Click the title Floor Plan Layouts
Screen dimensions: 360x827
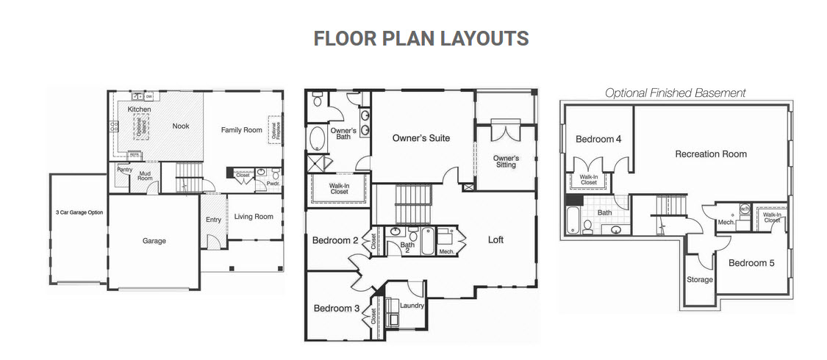420,38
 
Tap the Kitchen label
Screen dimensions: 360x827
139,109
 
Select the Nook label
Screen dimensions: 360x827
181,126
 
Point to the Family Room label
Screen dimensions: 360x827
241,130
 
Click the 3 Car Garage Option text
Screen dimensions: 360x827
79,212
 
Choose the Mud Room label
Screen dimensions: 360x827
145,176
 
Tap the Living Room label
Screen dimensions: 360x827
254,217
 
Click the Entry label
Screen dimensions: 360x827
213,220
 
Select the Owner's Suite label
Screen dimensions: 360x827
420,138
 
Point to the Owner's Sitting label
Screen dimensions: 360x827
506,162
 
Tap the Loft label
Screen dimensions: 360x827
495,240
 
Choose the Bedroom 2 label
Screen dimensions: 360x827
335,240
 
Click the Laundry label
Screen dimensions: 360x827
412,305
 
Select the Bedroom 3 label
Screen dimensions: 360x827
337,309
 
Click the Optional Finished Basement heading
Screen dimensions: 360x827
675,93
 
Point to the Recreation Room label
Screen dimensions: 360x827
711,154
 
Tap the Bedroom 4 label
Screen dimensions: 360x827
598,139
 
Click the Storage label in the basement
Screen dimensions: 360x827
700,280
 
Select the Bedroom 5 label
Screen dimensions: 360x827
751,262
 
